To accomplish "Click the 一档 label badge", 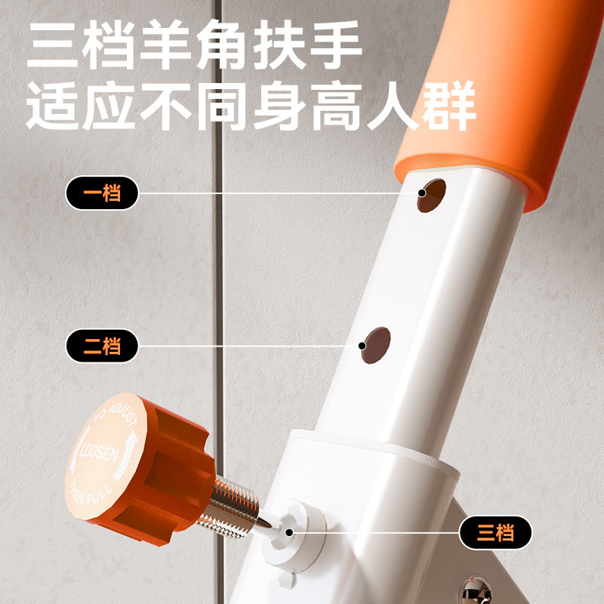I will tap(102, 193).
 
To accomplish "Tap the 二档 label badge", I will tap(102, 347).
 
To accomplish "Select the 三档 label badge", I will tap(496, 533).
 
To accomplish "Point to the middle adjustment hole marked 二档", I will tap(374, 343).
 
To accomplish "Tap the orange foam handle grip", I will tap(498, 98).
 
